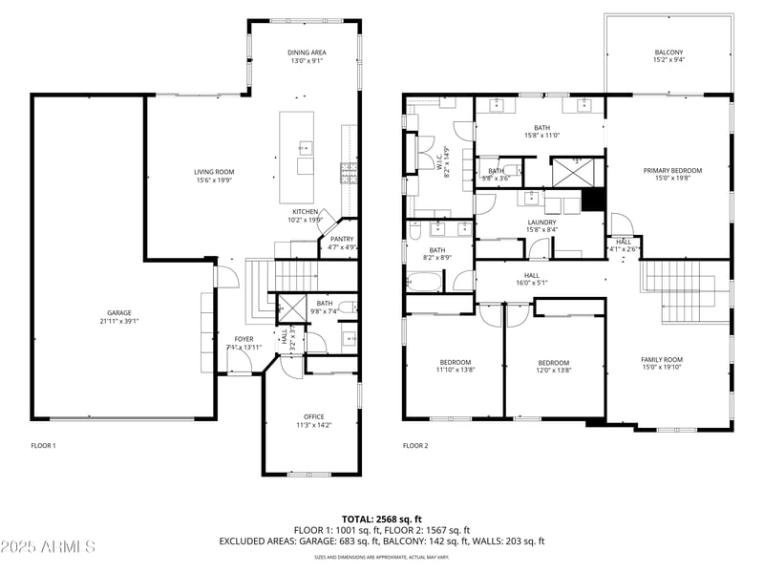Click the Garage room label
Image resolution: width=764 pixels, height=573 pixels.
[x=119, y=313]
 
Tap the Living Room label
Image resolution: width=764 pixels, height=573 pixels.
[x=214, y=172]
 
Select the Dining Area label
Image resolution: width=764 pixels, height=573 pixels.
[x=307, y=53]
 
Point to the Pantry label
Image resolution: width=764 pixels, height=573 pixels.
[x=342, y=239]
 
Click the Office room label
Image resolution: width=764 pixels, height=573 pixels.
[x=314, y=416]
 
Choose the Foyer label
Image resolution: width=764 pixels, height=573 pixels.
[x=244, y=339]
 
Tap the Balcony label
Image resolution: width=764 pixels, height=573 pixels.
[x=668, y=53]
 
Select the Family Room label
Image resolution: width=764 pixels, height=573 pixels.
[x=662, y=359]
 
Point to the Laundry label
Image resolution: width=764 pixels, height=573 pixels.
[x=541, y=223]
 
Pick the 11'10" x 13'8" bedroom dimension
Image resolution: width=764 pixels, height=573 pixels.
[x=456, y=370]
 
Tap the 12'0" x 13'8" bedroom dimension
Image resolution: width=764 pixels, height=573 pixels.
[x=553, y=370]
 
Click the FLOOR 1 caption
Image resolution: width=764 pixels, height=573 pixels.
[x=44, y=446]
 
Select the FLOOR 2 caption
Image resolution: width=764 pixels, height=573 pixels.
[x=415, y=446]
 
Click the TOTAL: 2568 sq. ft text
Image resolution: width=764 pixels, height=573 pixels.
[x=382, y=519]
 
